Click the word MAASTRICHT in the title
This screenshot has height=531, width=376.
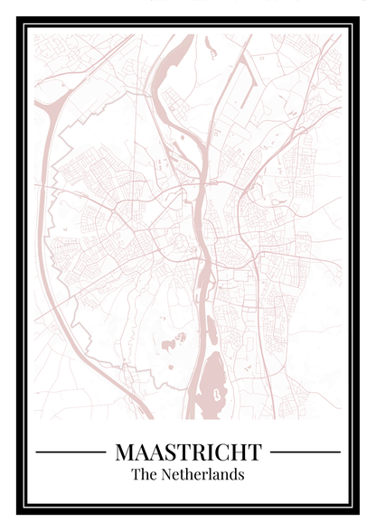coord(188,451)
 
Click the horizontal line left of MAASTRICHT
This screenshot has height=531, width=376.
coord(70,452)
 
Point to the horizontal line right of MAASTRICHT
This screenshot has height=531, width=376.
coord(305,452)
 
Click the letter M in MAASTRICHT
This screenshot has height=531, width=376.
coord(125,451)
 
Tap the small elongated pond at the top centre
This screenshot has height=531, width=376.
coord(210,46)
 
